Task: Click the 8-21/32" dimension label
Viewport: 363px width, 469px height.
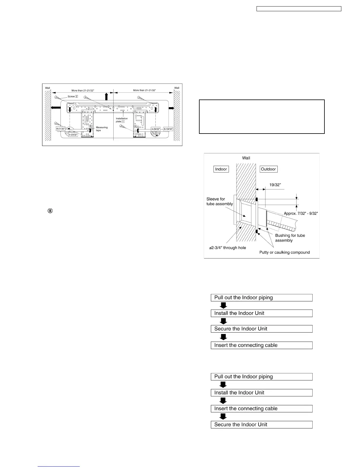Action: pyautogui.click(x=60, y=129)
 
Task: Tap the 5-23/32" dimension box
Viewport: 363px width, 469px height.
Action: pyautogui.click(x=73, y=134)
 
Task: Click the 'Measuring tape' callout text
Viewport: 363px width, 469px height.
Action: pyautogui.click(x=102, y=129)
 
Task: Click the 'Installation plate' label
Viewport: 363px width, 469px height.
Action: pyautogui.click(x=121, y=120)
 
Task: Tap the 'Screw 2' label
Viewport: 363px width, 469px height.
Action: pyautogui.click(x=73, y=97)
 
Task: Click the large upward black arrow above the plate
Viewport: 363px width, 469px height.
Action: pyautogui.click(x=106, y=97)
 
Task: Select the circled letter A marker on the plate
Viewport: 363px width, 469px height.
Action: pyautogui.click(x=136, y=126)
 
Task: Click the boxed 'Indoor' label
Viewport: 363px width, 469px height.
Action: pyautogui.click(x=221, y=169)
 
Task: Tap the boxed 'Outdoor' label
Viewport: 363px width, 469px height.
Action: pyautogui.click(x=268, y=169)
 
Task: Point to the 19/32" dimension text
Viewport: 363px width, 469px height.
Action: pyautogui.click(x=275, y=185)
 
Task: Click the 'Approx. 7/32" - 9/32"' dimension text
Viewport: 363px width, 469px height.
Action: pyautogui.click(x=301, y=213)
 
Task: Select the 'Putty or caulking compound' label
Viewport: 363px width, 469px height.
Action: pyautogui.click(x=284, y=252)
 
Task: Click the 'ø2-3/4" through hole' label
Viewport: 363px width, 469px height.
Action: pyautogui.click(x=227, y=248)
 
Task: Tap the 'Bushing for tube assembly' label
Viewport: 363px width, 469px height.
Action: pyautogui.click(x=290, y=238)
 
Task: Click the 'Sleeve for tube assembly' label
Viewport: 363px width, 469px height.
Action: pyautogui.click(x=219, y=201)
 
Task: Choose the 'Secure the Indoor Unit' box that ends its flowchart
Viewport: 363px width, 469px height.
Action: pyautogui.click(x=262, y=425)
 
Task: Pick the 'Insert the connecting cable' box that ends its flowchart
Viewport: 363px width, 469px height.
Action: pyautogui.click(x=262, y=345)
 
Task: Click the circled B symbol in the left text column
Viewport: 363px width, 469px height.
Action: pyautogui.click(x=50, y=211)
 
